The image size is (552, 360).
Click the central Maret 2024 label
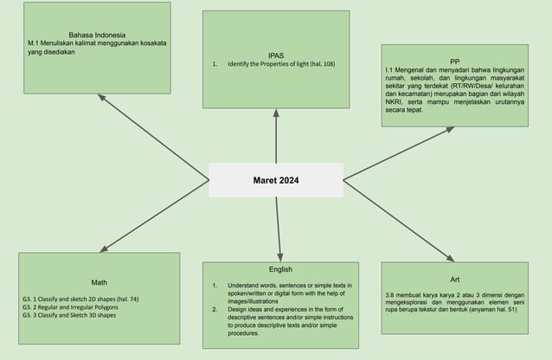pyautogui.click(x=275, y=181)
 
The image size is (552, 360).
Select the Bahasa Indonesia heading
pyautogui.click(x=97, y=34)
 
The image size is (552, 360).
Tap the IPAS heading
pyautogui.click(x=276, y=55)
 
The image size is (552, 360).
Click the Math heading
pyautogui.click(x=99, y=283)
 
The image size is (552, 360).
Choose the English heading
pyautogui.click(x=280, y=269)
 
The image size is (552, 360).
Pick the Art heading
pyautogui.click(x=455, y=280)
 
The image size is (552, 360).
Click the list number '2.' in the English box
pyautogui.click(x=215, y=309)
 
